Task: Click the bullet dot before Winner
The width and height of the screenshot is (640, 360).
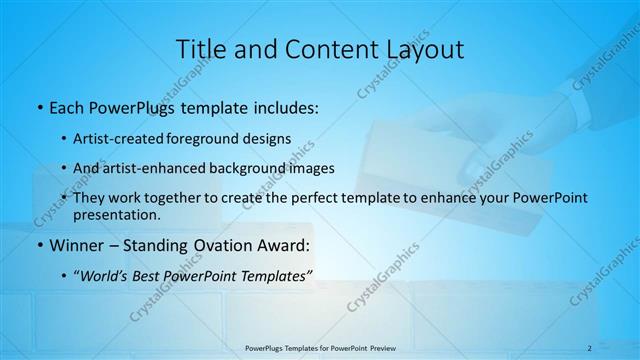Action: point(38,246)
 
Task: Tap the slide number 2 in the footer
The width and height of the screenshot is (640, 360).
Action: point(590,347)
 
